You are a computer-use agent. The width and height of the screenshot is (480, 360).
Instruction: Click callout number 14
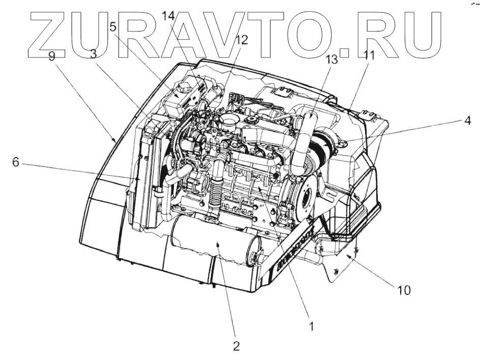coord(168,15)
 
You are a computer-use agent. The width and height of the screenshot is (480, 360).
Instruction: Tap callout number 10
coord(404,290)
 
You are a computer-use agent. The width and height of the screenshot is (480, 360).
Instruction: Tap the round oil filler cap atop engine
coord(227,122)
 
